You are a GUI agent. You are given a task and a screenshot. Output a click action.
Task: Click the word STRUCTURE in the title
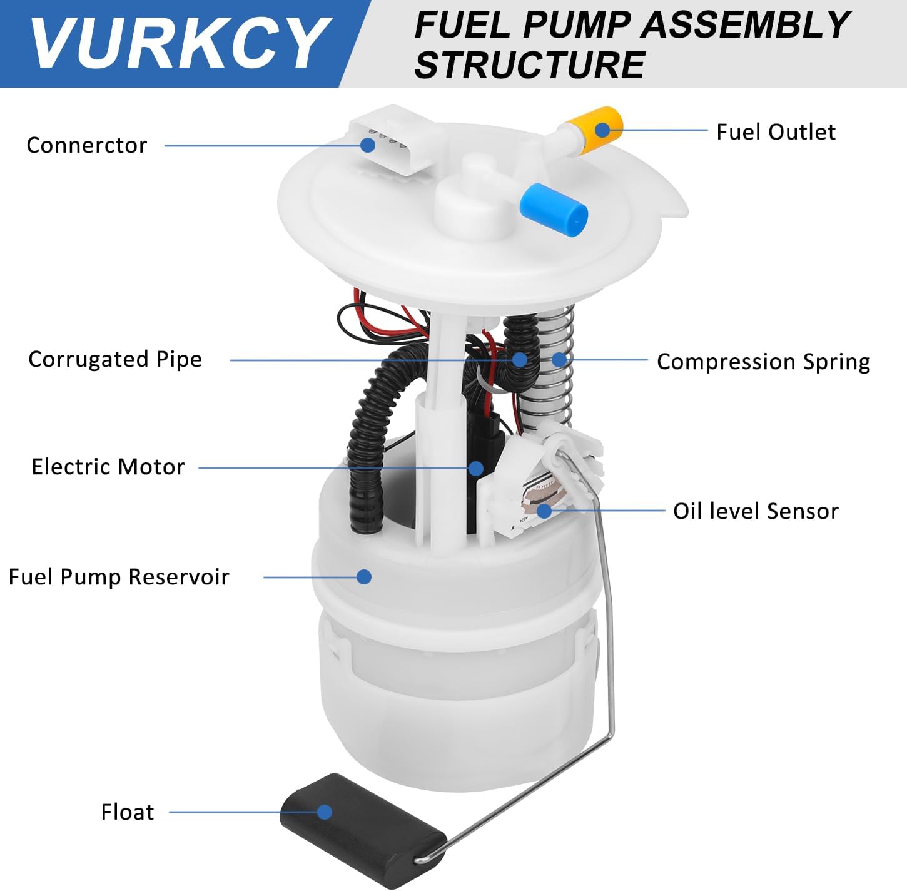(x=529, y=65)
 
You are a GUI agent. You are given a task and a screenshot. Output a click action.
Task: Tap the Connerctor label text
(x=86, y=145)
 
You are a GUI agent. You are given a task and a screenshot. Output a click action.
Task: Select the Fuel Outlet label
(x=775, y=132)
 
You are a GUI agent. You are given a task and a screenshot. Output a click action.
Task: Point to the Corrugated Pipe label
(x=115, y=359)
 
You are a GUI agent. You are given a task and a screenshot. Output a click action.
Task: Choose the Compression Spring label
(x=763, y=362)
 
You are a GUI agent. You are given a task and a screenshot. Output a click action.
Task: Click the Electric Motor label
(x=108, y=467)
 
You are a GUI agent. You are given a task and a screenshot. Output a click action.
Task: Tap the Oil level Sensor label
(x=756, y=511)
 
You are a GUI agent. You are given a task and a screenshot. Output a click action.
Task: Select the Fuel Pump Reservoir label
(x=119, y=577)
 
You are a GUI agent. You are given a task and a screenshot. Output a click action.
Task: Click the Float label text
(x=128, y=812)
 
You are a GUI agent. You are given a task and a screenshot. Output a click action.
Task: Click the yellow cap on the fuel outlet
(x=602, y=130)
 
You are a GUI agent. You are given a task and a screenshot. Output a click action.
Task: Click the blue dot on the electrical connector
(x=368, y=145)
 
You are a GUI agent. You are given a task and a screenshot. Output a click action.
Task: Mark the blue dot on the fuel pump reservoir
(x=364, y=576)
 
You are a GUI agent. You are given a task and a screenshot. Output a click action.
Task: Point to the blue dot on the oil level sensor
(x=544, y=511)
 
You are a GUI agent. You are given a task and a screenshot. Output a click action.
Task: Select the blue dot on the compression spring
(x=559, y=359)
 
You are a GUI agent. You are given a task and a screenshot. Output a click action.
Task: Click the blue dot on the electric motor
(x=476, y=467)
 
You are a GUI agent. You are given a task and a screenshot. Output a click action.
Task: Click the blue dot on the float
(x=324, y=812)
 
